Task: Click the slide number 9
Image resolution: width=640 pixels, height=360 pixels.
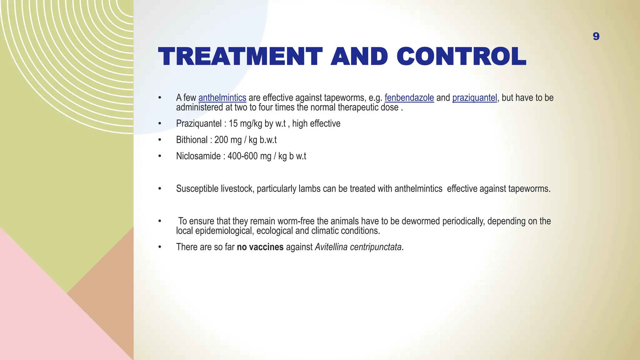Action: click(x=596, y=37)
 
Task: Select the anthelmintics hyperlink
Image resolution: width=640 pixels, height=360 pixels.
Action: click(x=222, y=98)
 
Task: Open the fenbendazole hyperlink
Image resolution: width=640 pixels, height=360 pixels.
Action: click(x=409, y=98)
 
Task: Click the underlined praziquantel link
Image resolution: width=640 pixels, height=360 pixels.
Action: click(x=474, y=98)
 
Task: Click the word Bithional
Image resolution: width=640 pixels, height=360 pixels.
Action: click(x=191, y=140)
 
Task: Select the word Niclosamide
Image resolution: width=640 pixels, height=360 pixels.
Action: click(x=198, y=156)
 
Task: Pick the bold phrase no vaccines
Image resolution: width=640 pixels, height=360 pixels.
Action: click(x=260, y=247)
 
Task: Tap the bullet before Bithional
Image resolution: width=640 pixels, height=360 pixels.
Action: click(x=160, y=140)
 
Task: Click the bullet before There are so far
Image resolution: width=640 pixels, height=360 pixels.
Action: click(x=160, y=247)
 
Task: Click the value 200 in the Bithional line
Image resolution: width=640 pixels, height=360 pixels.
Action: click(x=221, y=140)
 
